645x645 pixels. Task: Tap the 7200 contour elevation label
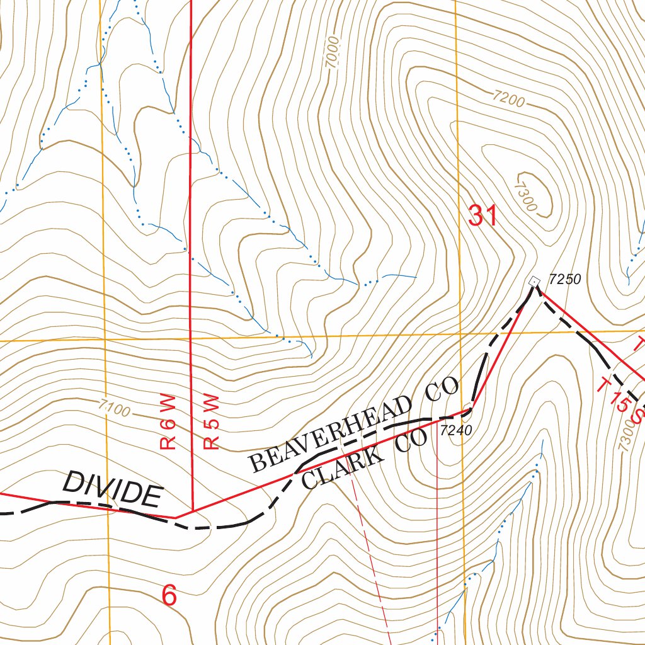pyautogui.click(x=510, y=98)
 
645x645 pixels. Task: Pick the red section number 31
pyautogui.click(x=483, y=216)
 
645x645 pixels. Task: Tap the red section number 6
pyautogui.click(x=169, y=595)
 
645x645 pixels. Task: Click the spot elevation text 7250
pyautogui.click(x=564, y=278)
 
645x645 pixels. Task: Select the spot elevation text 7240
pyautogui.click(x=455, y=430)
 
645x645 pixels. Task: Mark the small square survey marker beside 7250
pyautogui.click(x=535, y=281)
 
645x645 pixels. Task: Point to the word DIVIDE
pyautogui.click(x=112, y=489)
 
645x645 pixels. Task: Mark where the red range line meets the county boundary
pyautogui.click(x=191, y=511)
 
